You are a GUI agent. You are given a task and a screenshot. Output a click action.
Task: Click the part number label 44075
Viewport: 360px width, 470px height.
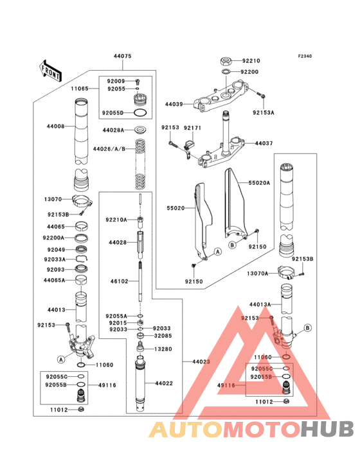click(x=123, y=57)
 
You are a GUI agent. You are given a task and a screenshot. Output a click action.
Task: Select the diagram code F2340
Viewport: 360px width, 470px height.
click(x=304, y=56)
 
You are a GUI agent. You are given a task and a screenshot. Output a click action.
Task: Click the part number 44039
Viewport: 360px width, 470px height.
click(x=174, y=103)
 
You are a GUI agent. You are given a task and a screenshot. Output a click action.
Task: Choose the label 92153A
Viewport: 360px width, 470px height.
click(x=263, y=112)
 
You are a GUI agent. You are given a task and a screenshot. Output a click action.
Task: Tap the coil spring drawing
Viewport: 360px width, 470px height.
click(x=139, y=161)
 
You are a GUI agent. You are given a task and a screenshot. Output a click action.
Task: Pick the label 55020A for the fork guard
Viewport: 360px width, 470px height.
click(x=260, y=182)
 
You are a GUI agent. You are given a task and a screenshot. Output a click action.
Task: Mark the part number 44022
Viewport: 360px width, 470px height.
click(x=164, y=383)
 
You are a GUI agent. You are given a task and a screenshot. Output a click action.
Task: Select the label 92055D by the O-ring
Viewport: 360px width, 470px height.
click(x=113, y=113)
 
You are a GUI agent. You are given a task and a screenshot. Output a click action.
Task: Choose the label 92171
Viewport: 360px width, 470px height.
click(x=192, y=128)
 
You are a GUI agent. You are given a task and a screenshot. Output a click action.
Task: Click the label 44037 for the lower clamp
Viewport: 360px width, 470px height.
click(x=264, y=143)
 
